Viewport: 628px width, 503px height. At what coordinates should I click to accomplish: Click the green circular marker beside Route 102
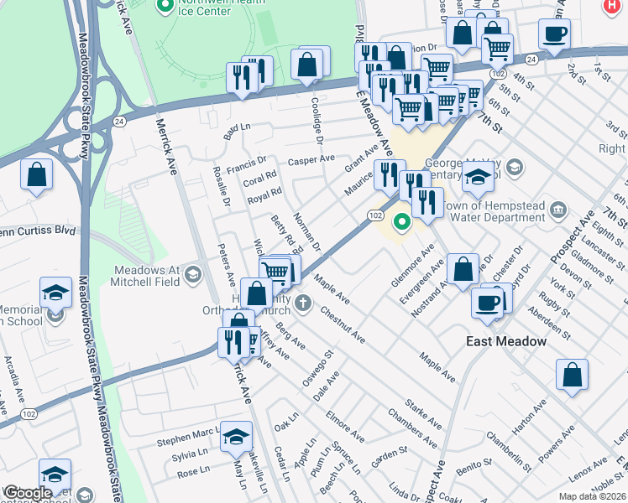tap(403, 222)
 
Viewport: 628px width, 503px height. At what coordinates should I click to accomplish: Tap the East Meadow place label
tap(506, 341)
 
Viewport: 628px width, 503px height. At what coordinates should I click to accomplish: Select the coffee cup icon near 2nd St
tap(555, 35)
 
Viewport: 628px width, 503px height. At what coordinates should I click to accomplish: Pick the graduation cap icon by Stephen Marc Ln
tap(237, 436)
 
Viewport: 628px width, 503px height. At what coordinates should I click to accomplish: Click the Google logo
tap(28, 493)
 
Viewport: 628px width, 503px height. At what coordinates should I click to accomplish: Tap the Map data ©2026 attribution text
tap(592, 496)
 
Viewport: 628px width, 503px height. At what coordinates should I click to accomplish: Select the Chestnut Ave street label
tap(342, 324)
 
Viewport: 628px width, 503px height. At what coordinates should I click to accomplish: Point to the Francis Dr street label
tap(249, 159)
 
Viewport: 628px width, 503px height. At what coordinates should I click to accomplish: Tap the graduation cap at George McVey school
tap(479, 177)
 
